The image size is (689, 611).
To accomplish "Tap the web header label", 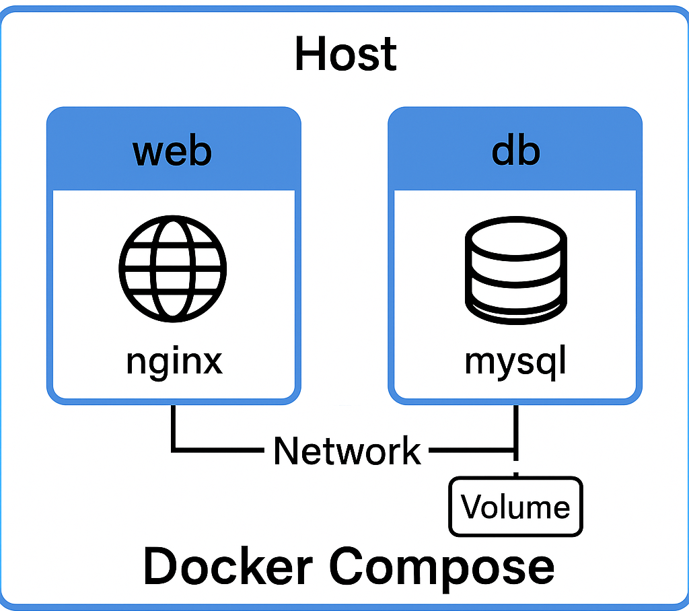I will (x=173, y=151).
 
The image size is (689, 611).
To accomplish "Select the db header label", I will (x=515, y=151).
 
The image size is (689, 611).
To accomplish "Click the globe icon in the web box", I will (x=173, y=267).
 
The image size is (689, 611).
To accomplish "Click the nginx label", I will (x=174, y=362).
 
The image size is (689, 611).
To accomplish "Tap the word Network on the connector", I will (x=347, y=450).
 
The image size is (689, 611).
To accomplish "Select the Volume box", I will (x=515, y=507).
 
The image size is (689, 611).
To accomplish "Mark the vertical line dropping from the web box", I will (x=174, y=427).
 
